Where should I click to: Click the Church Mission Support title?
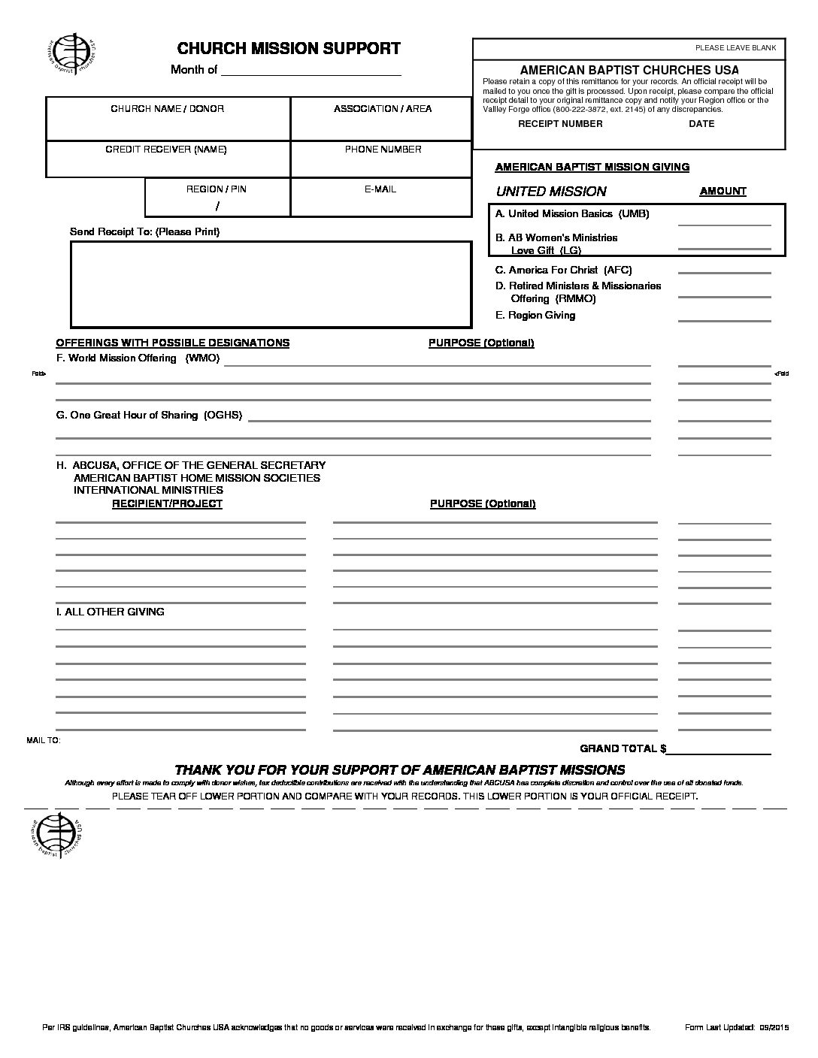pos(289,49)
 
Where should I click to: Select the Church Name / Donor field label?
pos(167,109)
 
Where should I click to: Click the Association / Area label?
pos(383,109)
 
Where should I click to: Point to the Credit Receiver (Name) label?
pos(166,150)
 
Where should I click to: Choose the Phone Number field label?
pos(383,150)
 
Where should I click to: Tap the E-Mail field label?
pos(380,189)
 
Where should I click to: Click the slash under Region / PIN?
pos(217,206)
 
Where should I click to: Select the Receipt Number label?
pos(560,124)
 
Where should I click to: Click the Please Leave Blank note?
pos(735,48)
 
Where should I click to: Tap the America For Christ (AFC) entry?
pos(563,270)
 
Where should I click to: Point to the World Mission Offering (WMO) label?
pos(138,358)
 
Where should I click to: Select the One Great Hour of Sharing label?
pos(150,415)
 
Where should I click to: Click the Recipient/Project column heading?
pos(167,504)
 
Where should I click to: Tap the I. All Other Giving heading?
pos(111,612)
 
